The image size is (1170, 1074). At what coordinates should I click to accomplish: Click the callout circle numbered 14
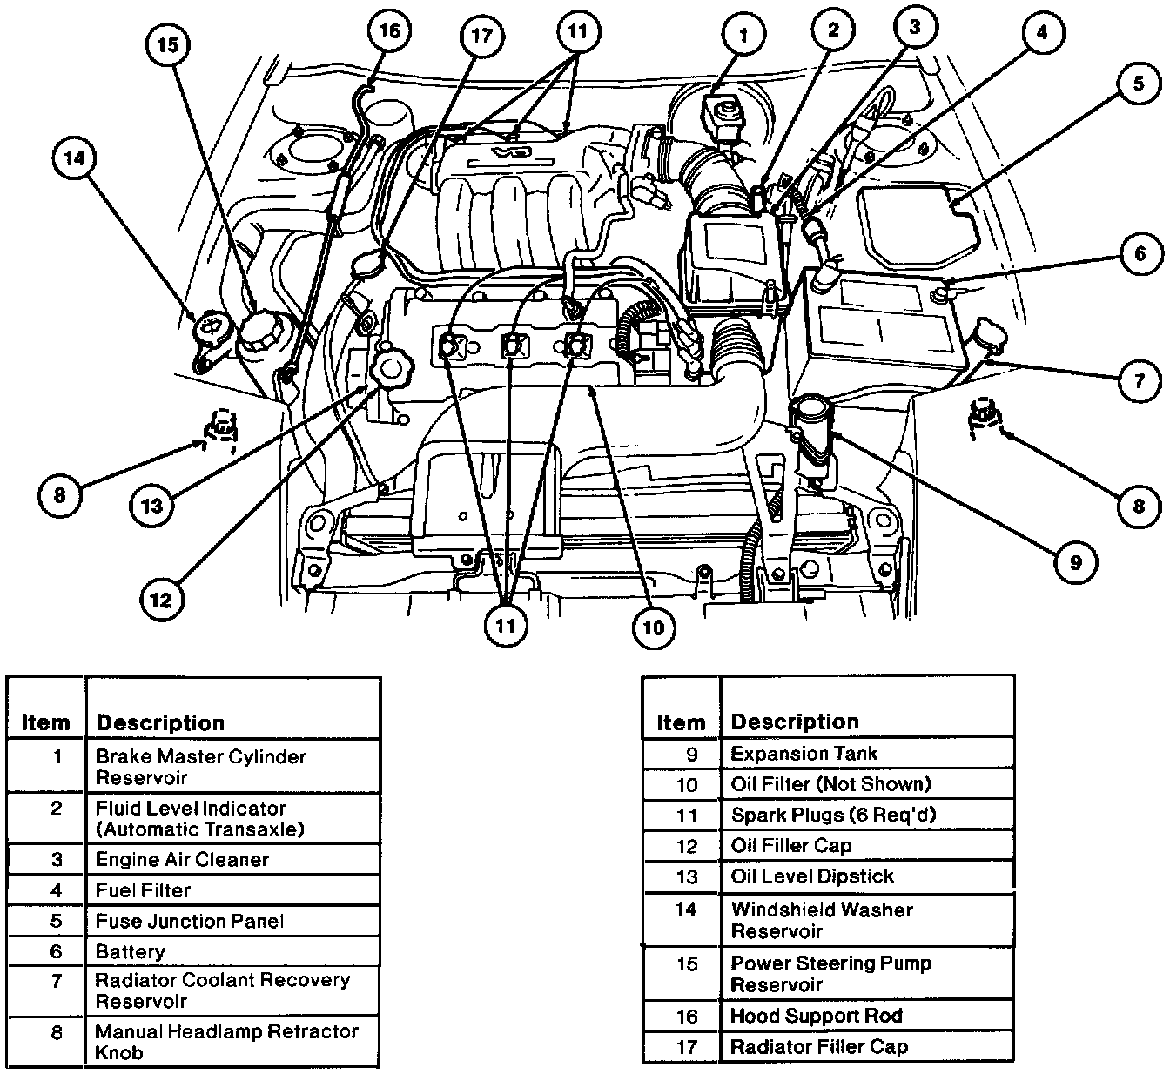(75, 158)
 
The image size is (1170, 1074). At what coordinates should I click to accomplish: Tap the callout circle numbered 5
(1139, 84)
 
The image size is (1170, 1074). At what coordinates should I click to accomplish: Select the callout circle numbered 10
(653, 628)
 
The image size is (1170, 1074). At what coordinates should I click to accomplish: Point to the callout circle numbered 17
(481, 36)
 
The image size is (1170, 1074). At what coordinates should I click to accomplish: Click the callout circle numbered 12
(162, 599)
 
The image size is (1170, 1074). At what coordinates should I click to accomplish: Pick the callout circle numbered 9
(1075, 561)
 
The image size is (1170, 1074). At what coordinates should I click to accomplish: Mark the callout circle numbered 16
(390, 30)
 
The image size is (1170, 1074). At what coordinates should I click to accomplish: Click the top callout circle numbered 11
(578, 31)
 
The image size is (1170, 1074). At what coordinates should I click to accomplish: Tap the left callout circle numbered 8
(59, 495)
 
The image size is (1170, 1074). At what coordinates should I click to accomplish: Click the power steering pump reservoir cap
(264, 330)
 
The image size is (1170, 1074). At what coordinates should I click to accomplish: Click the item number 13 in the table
(687, 876)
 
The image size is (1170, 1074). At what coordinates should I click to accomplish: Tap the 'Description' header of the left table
(160, 722)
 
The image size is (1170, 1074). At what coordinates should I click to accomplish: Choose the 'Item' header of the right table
(681, 722)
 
